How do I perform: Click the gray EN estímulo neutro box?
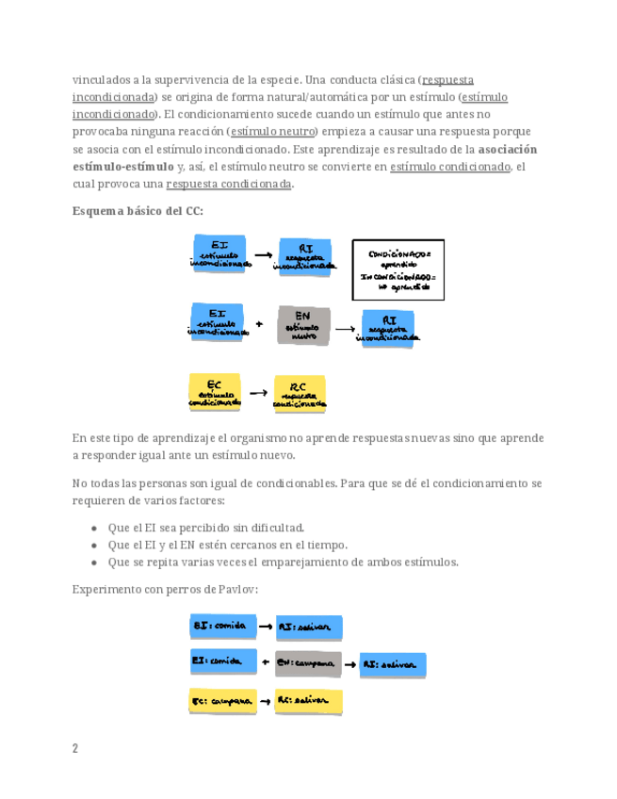coord(302,326)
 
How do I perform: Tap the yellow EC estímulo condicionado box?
coord(217,393)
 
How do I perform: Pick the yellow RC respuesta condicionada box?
coord(300,395)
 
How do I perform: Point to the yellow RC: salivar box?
coord(309,701)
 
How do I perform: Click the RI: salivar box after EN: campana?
coord(393,664)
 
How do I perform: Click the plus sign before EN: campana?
coord(266,662)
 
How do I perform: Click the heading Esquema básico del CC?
coord(138,210)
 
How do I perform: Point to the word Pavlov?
coord(239,589)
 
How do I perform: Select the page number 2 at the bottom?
coord(75,749)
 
